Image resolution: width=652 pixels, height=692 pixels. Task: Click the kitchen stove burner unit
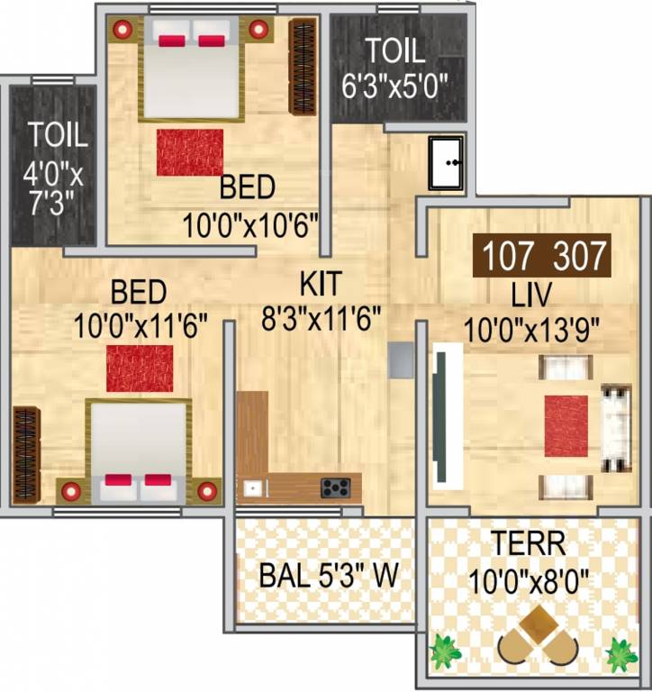pos(336,487)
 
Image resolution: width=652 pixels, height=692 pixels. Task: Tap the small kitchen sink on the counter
pos(253,488)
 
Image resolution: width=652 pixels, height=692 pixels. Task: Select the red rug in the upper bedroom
pos(190,152)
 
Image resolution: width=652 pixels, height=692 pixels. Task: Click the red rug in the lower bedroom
pos(140,368)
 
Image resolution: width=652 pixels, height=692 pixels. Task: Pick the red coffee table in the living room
pos(566,425)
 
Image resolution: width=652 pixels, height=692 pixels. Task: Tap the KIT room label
pos(321,284)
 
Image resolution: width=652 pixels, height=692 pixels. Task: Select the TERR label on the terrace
pos(529,544)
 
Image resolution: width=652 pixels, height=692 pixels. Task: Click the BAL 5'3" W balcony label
pos(328,576)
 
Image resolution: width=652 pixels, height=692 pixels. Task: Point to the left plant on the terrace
pos(442,652)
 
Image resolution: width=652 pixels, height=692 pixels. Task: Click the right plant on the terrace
pos(620,653)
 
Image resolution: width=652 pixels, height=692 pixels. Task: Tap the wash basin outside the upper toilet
pos(446,162)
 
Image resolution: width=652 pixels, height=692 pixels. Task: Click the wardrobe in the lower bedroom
pos(26,454)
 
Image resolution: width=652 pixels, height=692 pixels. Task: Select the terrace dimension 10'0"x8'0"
pos(529,578)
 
